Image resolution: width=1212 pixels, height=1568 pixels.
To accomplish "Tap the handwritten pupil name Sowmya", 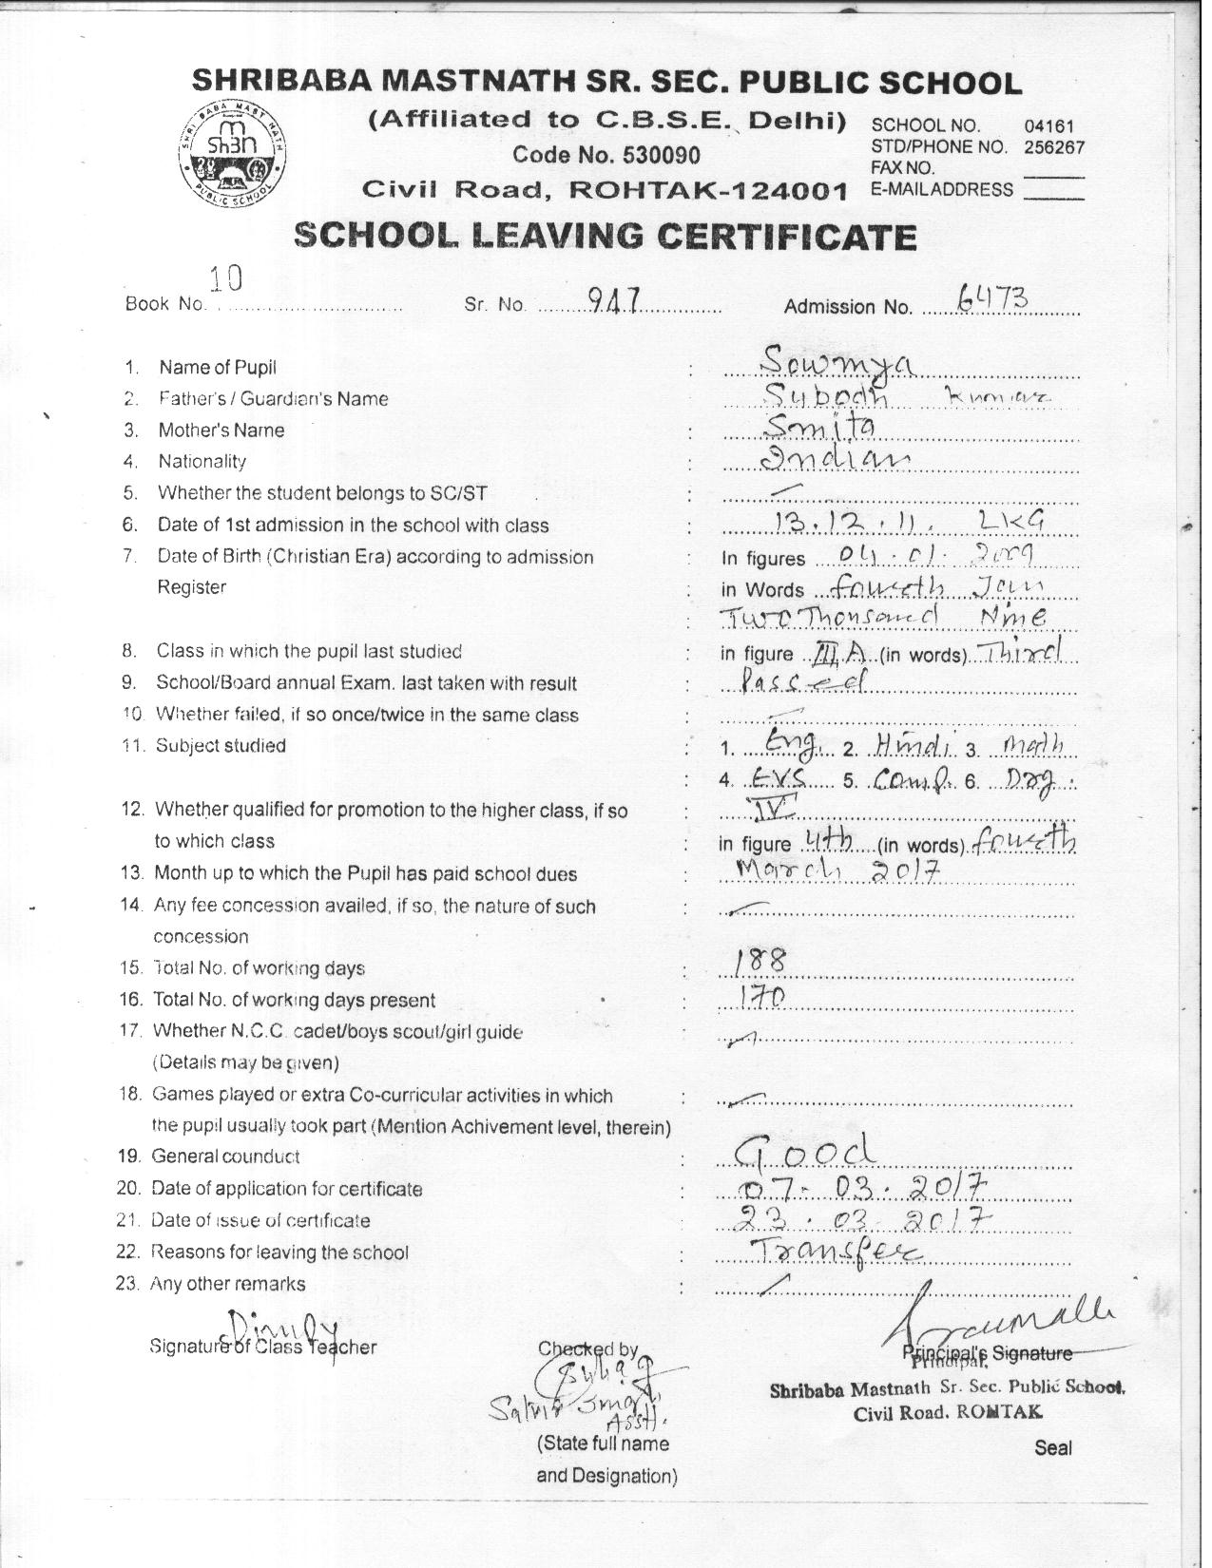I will tap(837, 362).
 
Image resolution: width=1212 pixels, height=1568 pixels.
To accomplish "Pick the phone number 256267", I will tap(1054, 147).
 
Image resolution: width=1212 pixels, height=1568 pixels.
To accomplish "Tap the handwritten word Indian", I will tap(838, 460).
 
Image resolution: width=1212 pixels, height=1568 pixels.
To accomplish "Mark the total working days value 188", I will tap(761, 963).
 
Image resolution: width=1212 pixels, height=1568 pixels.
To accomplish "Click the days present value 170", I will tap(761, 995).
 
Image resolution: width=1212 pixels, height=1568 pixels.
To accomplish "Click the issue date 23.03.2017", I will tap(866, 1218).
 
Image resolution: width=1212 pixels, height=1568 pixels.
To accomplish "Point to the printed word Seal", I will tap(1053, 1448).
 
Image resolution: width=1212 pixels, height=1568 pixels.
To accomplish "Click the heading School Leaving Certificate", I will tap(606, 235).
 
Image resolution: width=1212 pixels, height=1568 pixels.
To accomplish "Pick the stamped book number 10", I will tap(226, 277).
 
